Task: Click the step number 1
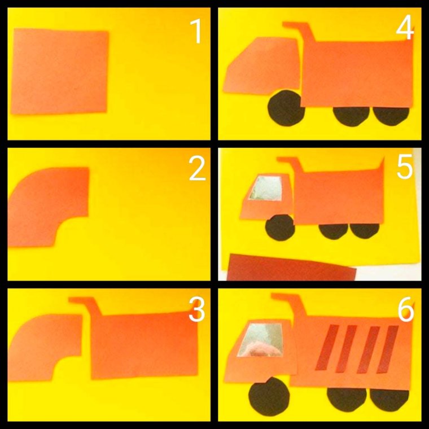pos(196,32)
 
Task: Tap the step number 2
pos(197,169)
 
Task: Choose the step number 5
pos(405,167)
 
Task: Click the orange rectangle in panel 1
pos(59,71)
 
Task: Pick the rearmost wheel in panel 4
pos(391,116)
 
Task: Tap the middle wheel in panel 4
pos(351,116)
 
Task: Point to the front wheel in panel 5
pos(280,227)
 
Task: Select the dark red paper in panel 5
pos(291,268)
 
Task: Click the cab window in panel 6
pos(260,340)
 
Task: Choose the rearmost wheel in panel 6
pos(389,400)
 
